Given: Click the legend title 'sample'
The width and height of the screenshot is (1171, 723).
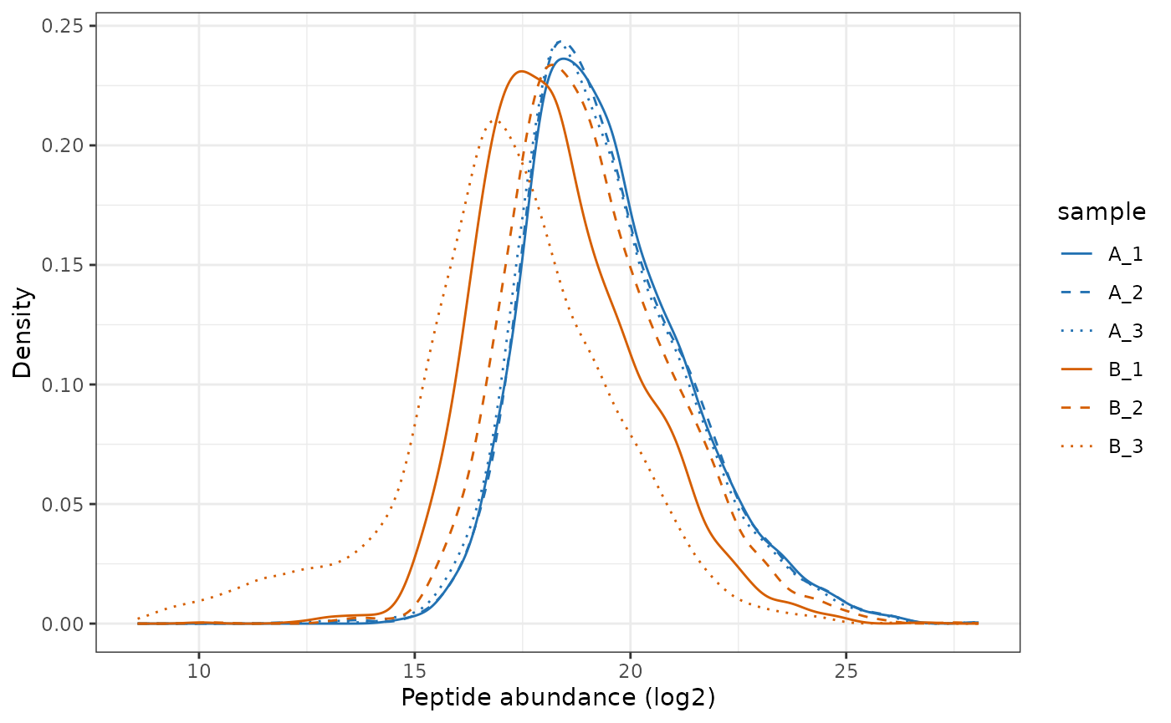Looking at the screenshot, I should (1101, 212).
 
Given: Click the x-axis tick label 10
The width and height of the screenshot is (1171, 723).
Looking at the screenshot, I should (199, 670).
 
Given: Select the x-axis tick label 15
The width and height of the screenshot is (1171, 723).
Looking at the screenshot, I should (415, 670).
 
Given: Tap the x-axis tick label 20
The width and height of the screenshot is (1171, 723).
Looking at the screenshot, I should (631, 670).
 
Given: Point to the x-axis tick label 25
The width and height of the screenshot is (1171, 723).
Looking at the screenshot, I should (846, 670).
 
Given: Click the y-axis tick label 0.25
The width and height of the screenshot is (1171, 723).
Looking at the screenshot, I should (67, 26).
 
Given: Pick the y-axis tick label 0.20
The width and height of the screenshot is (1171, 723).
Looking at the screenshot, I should (67, 145).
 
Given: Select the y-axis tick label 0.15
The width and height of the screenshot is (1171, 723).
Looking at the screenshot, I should (67, 265).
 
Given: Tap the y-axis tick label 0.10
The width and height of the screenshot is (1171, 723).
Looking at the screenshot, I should (67, 384).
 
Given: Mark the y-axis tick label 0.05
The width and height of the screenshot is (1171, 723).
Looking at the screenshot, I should (67, 504).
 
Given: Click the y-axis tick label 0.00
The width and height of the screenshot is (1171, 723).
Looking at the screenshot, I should (67, 624).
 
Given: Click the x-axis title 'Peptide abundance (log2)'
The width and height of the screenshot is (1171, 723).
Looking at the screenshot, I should (558, 698).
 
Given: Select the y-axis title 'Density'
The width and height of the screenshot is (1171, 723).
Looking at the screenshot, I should (23, 333).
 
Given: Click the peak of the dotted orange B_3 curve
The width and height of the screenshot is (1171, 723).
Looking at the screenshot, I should (493, 121).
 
